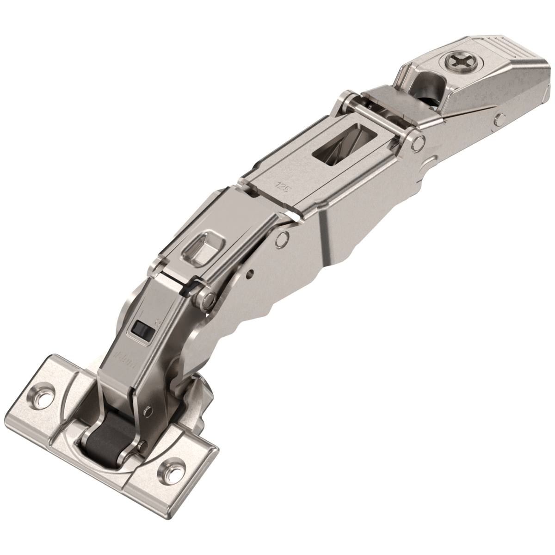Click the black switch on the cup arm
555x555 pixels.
coord(139,329)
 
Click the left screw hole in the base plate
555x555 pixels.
coord(45,395)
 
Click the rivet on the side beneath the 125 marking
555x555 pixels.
coord(281,239)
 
